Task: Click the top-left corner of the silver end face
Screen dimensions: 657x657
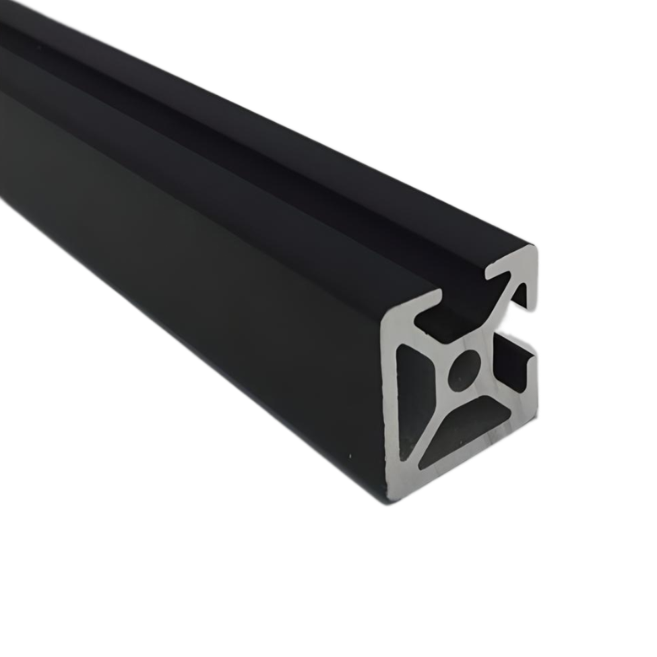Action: [387, 323]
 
